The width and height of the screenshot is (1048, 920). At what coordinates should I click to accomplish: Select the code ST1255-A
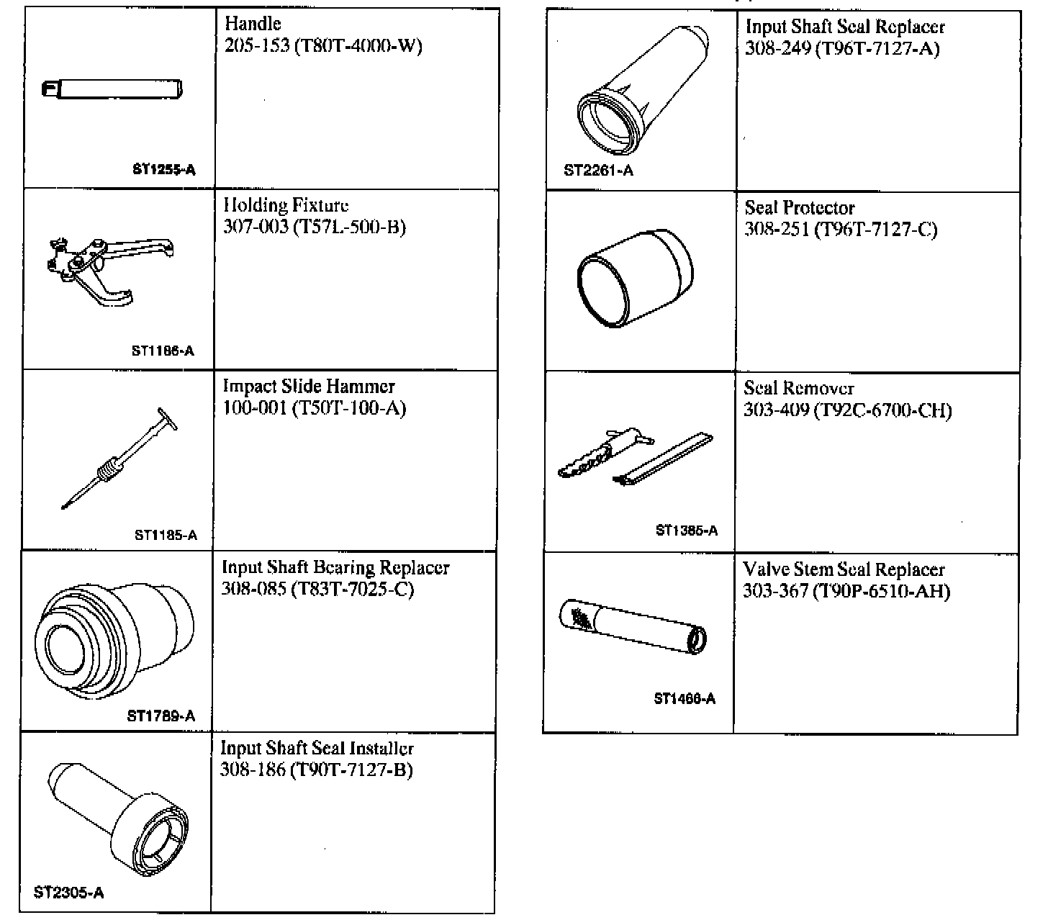point(164,171)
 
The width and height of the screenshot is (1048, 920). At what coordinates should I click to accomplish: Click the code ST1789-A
point(161,716)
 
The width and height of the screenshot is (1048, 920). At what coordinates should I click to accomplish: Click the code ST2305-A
point(69,893)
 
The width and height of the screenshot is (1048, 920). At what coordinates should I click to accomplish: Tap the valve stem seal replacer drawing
point(633,626)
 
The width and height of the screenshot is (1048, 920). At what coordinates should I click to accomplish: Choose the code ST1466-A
point(685,699)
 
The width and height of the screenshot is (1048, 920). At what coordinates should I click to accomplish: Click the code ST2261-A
point(599,171)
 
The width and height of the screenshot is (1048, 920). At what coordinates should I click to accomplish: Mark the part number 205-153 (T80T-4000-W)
point(323,47)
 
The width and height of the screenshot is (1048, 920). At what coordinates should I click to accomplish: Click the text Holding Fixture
point(286,206)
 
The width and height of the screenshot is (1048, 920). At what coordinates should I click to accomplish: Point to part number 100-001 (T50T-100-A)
point(315,409)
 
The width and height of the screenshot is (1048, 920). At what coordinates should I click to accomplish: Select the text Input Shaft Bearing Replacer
point(335,568)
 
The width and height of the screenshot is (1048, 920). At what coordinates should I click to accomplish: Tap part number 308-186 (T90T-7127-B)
point(317,770)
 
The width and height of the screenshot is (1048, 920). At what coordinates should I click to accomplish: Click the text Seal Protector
point(800,208)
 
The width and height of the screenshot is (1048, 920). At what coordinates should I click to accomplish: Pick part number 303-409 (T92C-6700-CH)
point(847,411)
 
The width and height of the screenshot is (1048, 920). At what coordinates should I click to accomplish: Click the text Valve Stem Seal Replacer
point(844,570)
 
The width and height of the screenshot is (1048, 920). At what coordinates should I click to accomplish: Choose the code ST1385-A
point(687,531)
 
